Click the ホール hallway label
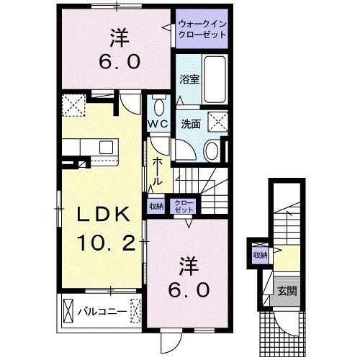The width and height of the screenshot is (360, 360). tap(158, 170)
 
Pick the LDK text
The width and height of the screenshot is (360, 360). tap(99, 215)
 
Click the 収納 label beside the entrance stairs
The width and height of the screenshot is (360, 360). tap(259, 256)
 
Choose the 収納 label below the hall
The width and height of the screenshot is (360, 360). tap(156, 206)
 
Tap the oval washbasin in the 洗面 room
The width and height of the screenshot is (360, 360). tap(212, 151)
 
